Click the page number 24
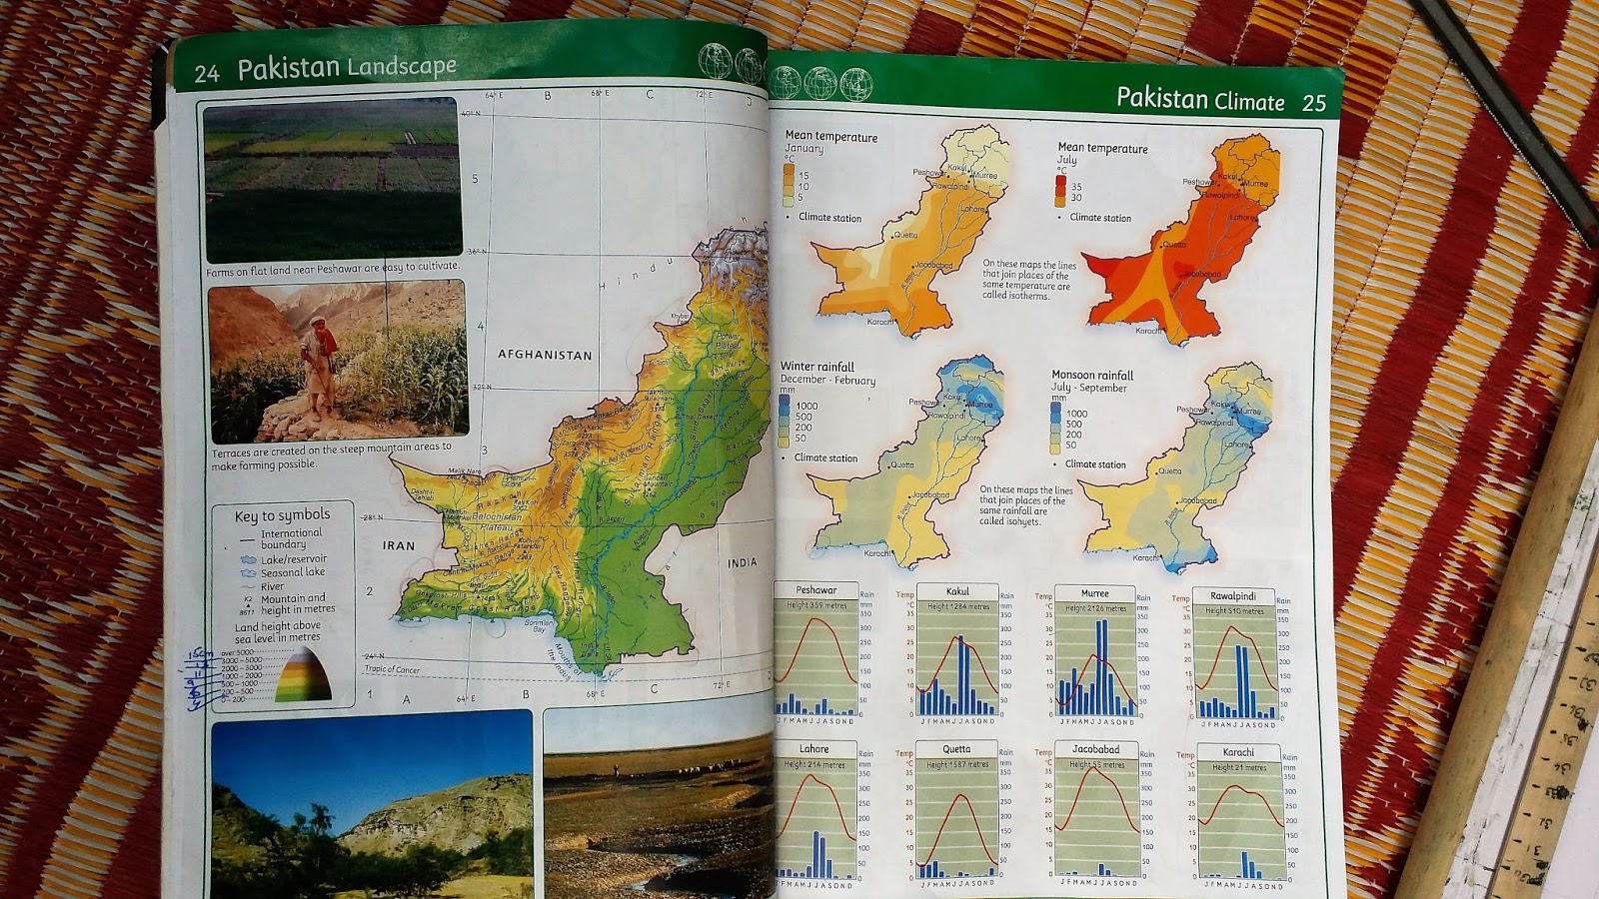coord(207,73)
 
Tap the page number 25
coord(1313,103)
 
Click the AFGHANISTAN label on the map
coord(545,355)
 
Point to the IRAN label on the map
coord(399,545)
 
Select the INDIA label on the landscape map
coord(742,563)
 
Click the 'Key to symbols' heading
coord(282,515)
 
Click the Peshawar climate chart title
coord(816,590)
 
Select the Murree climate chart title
coord(1094,593)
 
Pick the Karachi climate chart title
coord(1238,752)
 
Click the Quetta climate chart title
coord(956,749)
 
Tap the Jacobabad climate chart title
coord(1095,749)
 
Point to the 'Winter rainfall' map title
coord(817,367)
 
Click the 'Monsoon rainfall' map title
coord(1092,376)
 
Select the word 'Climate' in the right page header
coord(1249,101)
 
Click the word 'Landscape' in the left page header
coord(402,67)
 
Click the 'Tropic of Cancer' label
coord(392,669)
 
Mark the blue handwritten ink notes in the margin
coord(200,679)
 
